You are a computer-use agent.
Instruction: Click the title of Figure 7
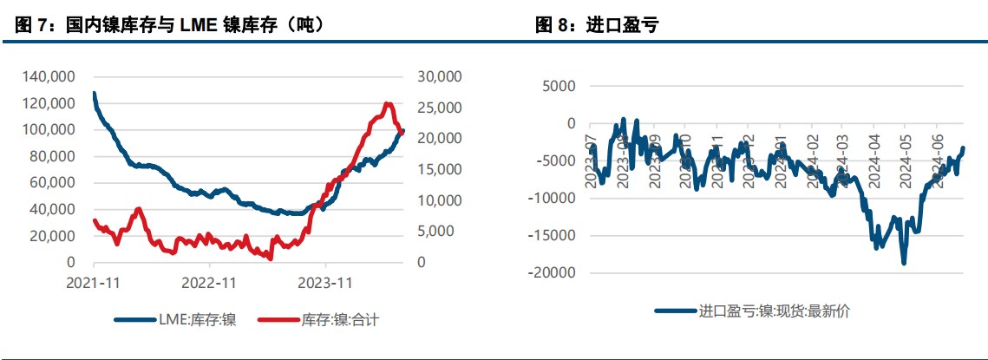click(170, 25)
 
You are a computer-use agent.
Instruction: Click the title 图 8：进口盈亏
click(598, 25)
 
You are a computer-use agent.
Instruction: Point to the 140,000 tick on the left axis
click(49, 77)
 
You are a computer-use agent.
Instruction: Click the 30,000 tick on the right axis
click(440, 77)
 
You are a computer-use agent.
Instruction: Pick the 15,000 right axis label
click(440, 170)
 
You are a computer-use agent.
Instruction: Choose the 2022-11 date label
click(209, 282)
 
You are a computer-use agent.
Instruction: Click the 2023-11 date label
click(324, 282)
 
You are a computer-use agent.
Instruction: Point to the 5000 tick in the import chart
click(557, 87)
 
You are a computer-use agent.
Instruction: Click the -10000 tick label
click(552, 199)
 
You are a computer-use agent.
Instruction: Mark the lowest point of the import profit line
click(904, 262)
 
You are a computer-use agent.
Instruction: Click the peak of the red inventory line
click(387, 104)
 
